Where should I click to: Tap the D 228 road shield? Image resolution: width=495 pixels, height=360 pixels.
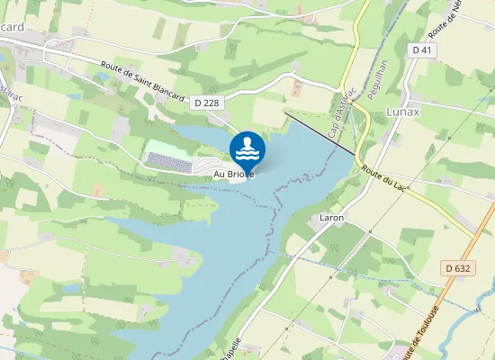(206, 103)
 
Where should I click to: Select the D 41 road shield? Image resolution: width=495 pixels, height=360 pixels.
(423, 51)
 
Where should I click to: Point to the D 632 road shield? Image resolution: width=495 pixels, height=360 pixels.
(458, 268)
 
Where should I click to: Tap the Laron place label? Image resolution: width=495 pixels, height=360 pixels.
(332, 218)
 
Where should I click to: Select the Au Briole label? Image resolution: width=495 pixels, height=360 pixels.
(234, 173)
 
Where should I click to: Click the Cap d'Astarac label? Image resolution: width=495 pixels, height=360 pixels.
(336, 117)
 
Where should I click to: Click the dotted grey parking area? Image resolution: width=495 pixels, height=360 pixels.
(168, 162)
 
